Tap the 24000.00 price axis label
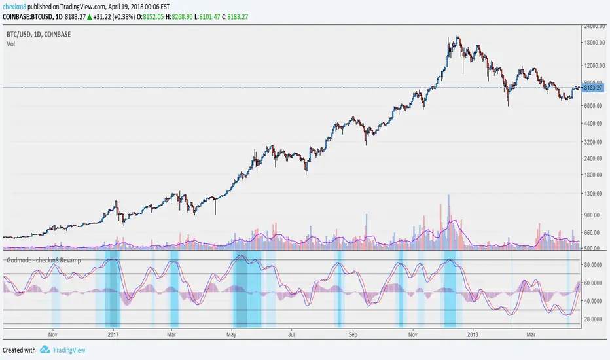pos(594,27)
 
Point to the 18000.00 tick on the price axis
pos(594,43)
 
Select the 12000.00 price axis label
pos(594,65)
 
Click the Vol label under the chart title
pos(11,44)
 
